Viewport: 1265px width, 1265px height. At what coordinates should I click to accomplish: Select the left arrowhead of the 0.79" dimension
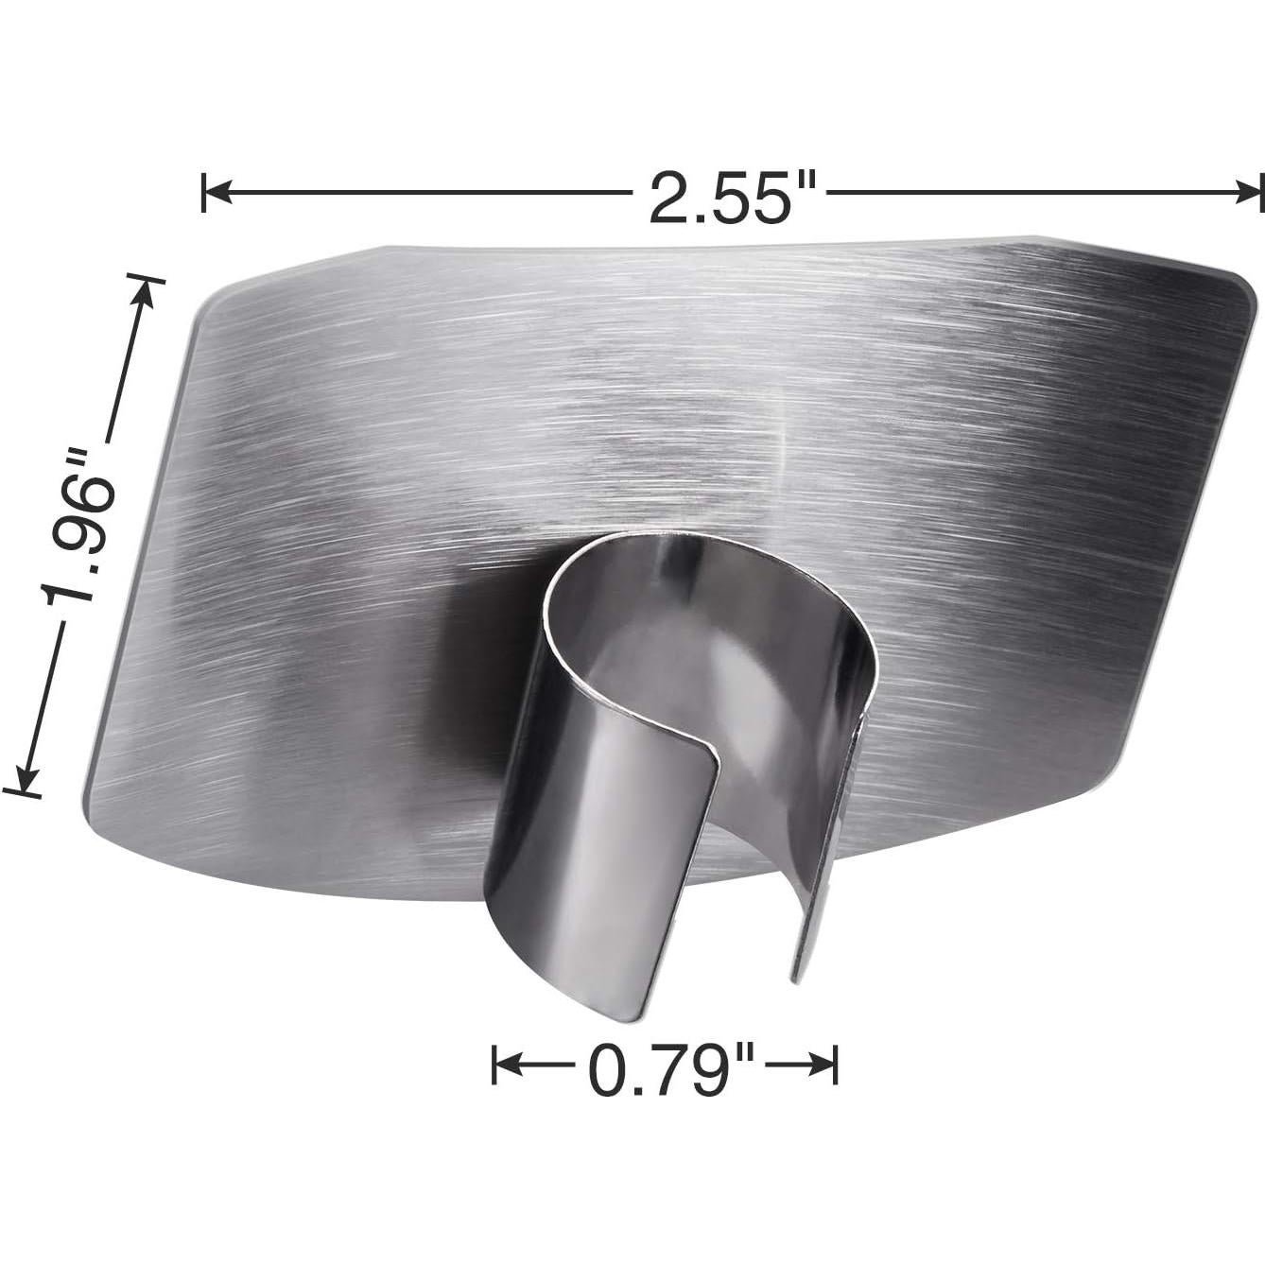505,1066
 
